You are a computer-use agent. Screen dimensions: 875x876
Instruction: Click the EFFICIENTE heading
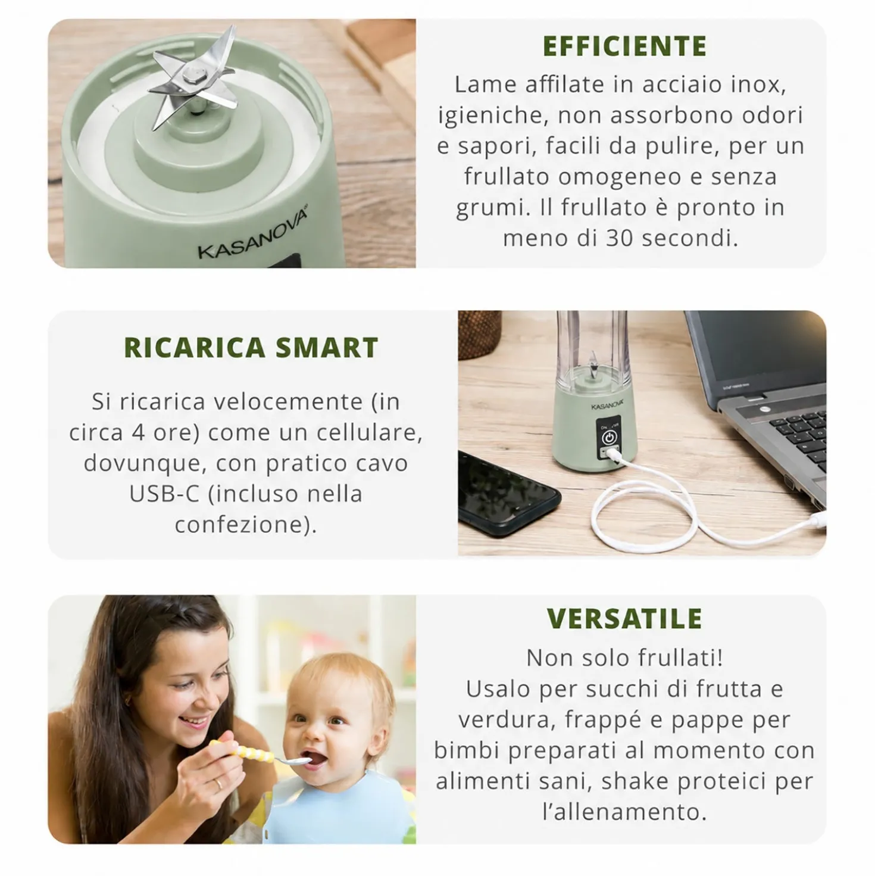point(624,46)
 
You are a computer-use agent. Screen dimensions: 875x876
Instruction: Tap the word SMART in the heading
point(327,348)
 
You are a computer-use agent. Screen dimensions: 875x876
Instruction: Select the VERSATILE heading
point(624,618)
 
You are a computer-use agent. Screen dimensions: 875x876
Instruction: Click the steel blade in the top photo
point(193,77)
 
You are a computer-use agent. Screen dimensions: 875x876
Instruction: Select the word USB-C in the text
point(164,494)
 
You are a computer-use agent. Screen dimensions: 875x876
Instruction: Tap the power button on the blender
point(609,437)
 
